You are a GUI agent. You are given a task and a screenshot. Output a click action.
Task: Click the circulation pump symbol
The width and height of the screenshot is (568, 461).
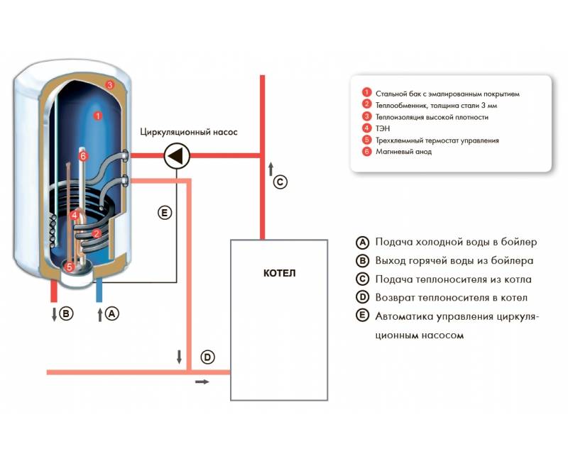pyautogui.click(x=177, y=156)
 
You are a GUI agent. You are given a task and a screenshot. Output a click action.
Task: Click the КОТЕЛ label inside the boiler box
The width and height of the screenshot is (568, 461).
pyautogui.click(x=279, y=273)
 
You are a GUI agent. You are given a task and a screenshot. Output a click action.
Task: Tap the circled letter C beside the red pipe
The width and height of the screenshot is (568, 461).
pyautogui.click(x=280, y=182)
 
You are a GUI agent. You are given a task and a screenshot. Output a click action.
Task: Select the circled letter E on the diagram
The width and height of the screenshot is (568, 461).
pyautogui.click(x=165, y=213)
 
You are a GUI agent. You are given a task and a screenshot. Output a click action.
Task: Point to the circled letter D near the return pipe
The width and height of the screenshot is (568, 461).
pyautogui.click(x=207, y=357)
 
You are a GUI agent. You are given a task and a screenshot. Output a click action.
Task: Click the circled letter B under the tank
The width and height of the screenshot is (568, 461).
pyautogui.click(x=66, y=313)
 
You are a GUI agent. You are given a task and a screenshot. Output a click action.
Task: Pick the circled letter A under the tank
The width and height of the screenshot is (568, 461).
pyautogui.click(x=112, y=313)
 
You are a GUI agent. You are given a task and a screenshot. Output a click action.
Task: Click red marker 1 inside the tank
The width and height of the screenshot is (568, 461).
pyautogui.click(x=97, y=116)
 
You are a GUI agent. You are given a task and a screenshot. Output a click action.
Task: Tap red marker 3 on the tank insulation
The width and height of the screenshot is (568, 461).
pyautogui.click(x=110, y=85)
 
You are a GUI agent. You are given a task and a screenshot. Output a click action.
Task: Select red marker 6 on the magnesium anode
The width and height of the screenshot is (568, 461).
pyautogui.click(x=83, y=156)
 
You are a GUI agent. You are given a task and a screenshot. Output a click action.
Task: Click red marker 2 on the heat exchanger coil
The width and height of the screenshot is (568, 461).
pyautogui.click(x=97, y=234)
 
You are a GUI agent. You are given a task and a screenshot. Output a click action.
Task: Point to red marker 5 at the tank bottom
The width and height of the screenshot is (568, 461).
pyautogui.click(x=69, y=267)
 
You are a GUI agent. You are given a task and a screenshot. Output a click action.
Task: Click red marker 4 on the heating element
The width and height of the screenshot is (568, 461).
pyautogui.click(x=75, y=216)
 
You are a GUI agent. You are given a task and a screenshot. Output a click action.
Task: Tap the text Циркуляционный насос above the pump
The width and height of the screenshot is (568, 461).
pyautogui.click(x=189, y=132)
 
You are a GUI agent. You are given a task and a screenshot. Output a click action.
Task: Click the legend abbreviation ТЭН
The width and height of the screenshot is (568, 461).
pyautogui.click(x=383, y=128)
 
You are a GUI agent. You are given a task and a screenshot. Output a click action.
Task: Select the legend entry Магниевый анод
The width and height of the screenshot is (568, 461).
pyautogui.click(x=403, y=152)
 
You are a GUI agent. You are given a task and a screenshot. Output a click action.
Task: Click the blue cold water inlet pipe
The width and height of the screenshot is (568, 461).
pyautogui.click(x=99, y=291)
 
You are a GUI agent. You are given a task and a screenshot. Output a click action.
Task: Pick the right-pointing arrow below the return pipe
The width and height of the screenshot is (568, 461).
pyautogui.click(x=202, y=382)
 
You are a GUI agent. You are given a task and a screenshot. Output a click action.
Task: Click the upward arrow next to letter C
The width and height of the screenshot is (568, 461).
pyautogui.click(x=271, y=170)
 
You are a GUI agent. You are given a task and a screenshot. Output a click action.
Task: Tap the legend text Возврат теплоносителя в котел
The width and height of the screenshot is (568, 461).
pyautogui.click(x=451, y=298)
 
